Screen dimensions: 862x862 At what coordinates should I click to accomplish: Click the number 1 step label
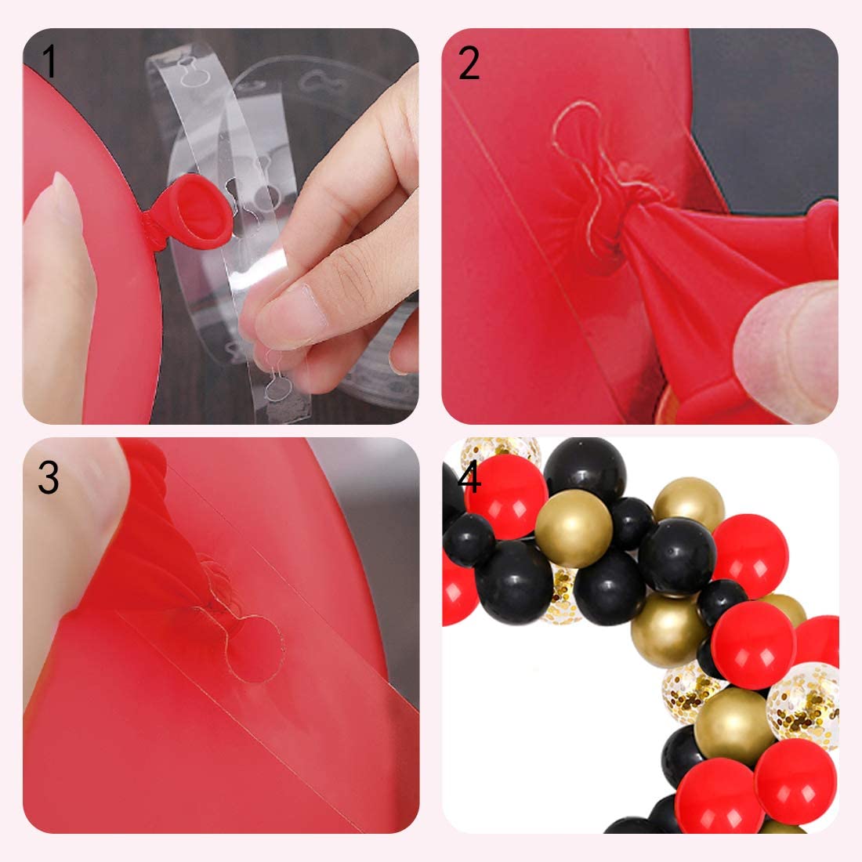(x=49, y=61)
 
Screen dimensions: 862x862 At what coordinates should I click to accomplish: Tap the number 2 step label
(x=469, y=63)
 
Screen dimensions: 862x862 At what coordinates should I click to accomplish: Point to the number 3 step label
(x=49, y=476)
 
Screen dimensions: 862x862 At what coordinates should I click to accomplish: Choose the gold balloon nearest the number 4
(x=574, y=528)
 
